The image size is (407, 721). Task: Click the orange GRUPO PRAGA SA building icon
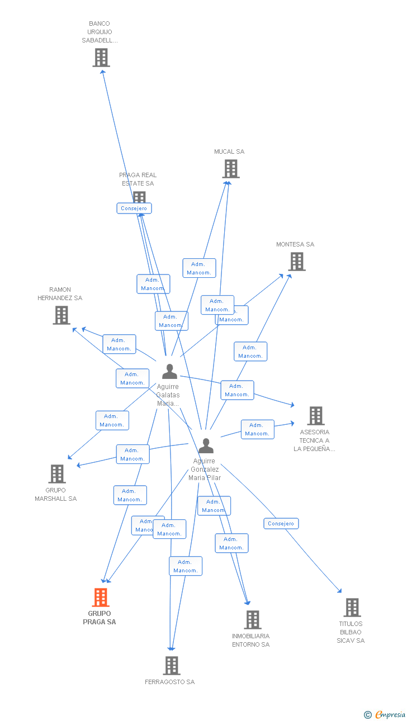[x=101, y=597]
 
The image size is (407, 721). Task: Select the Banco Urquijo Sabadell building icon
[x=101, y=58]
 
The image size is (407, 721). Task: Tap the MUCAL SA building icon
[x=230, y=169]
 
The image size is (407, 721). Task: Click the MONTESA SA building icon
[x=297, y=261]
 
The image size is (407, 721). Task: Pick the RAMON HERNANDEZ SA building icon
[x=61, y=315]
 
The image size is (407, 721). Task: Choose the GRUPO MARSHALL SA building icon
[x=57, y=474]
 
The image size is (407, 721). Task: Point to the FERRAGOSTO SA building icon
[x=172, y=665]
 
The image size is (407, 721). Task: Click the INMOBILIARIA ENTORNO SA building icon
[x=253, y=619]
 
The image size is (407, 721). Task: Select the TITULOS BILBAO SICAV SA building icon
[x=352, y=608]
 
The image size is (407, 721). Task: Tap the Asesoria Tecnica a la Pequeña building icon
[x=316, y=416]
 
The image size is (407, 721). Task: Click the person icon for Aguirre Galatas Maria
[x=169, y=372]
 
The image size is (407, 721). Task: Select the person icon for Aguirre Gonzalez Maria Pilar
[x=206, y=446]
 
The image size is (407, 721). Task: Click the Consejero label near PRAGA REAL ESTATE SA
[x=134, y=208]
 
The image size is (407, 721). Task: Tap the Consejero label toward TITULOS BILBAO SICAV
[x=281, y=524]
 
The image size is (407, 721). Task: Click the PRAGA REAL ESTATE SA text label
[x=138, y=179]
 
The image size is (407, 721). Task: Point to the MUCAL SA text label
[x=229, y=151]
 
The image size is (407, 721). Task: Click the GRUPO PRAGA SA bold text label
[x=100, y=618]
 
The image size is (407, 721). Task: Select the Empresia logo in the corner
[x=385, y=714]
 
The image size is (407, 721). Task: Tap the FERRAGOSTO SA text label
[x=170, y=682]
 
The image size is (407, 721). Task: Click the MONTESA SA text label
[x=295, y=244]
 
